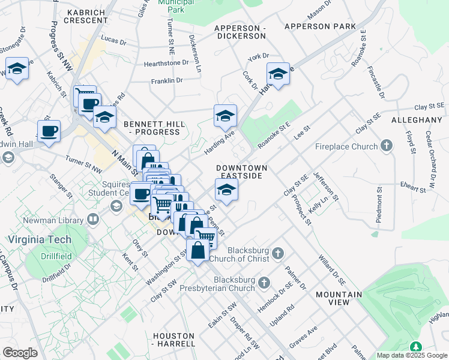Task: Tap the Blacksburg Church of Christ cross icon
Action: click(277, 253)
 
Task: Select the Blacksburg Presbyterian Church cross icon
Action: click(264, 281)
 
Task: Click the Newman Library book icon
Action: click(93, 220)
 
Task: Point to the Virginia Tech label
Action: click(39, 239)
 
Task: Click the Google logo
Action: click(20, 352)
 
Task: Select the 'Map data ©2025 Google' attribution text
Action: click(411, 355)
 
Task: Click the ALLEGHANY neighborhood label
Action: click(416, 121)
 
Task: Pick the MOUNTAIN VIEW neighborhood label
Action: click(339, 298)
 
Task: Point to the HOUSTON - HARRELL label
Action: click(174, 340)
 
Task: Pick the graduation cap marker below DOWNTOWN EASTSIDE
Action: click(226, 190)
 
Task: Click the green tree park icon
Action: click(415, 347)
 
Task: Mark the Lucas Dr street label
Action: click(113, 42)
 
